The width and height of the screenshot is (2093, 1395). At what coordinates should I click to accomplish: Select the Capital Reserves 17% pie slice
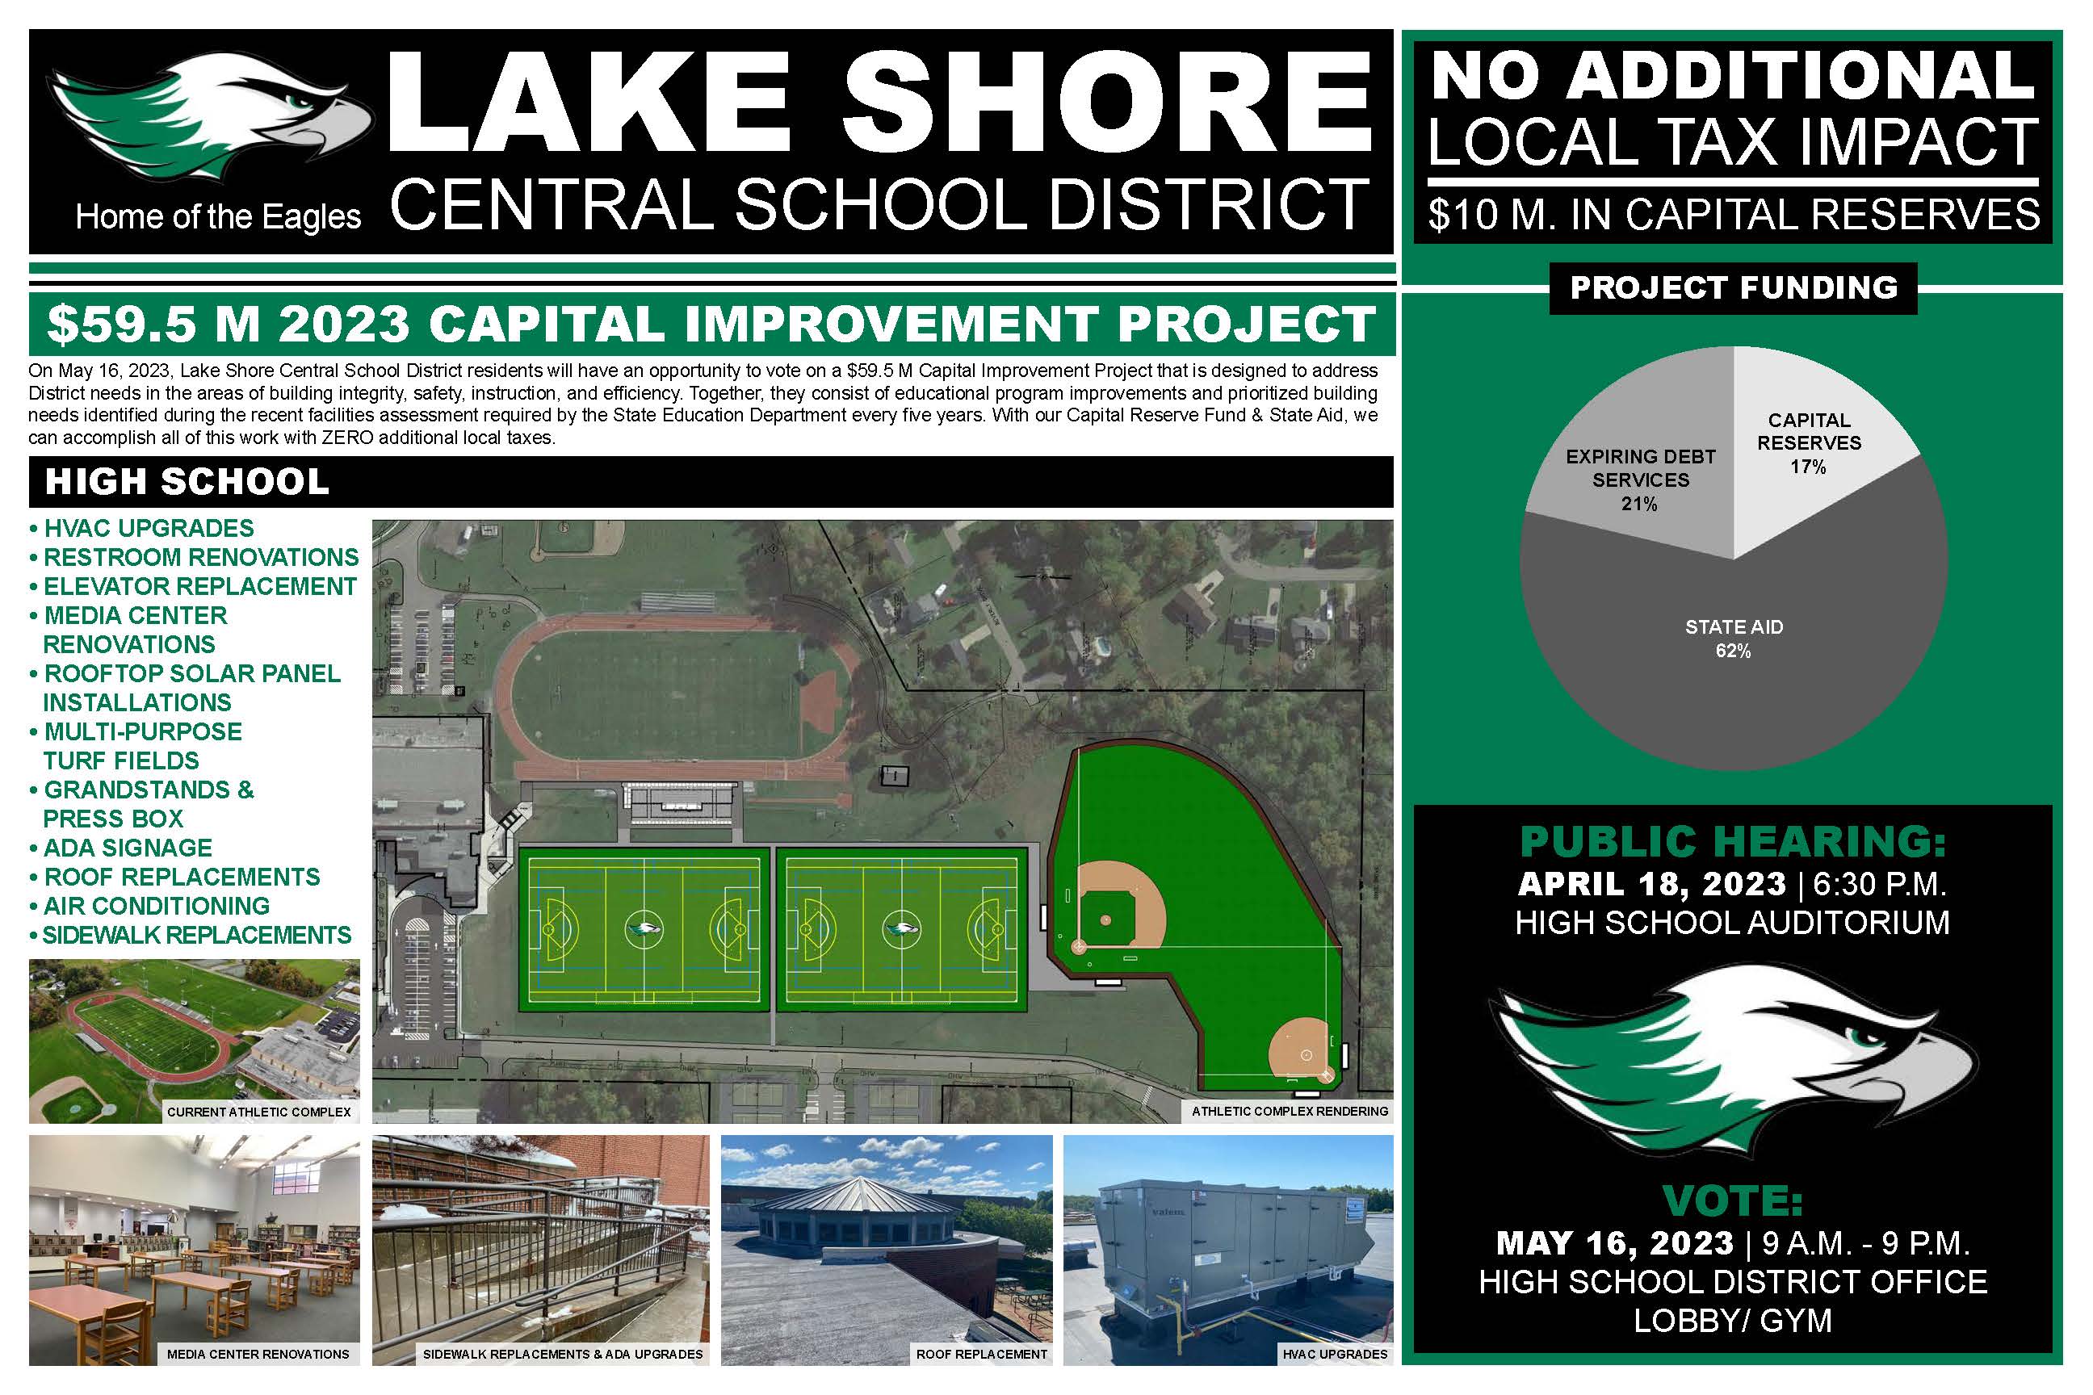[1815, 445]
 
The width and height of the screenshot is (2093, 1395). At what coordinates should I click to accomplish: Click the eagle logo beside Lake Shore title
[210, 115]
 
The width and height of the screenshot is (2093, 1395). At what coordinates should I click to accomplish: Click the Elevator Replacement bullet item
[193, 586]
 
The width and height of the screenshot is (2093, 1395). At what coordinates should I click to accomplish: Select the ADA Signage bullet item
[121, 848]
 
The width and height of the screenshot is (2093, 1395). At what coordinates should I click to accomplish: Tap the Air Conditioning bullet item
[149, 906]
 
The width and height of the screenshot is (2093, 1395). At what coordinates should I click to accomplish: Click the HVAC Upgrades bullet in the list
[141, 529]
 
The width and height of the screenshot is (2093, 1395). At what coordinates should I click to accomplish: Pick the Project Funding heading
[1734, 288]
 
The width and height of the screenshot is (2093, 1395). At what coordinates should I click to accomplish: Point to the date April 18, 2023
[1652, 884]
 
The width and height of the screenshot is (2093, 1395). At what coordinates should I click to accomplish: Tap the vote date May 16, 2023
[1614, 1243]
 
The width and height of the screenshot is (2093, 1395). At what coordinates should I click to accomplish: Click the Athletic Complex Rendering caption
[1290, 1111]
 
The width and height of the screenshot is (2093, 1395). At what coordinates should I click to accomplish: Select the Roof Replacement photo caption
[982, 1354]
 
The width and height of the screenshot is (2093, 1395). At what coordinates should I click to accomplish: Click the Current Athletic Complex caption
[259, 1112]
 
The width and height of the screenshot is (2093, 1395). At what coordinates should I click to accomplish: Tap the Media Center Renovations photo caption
[258, 1354]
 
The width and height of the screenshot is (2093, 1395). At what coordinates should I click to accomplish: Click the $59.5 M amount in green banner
[153, 324]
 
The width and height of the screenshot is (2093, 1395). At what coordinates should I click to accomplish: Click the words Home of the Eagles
[218, 217]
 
